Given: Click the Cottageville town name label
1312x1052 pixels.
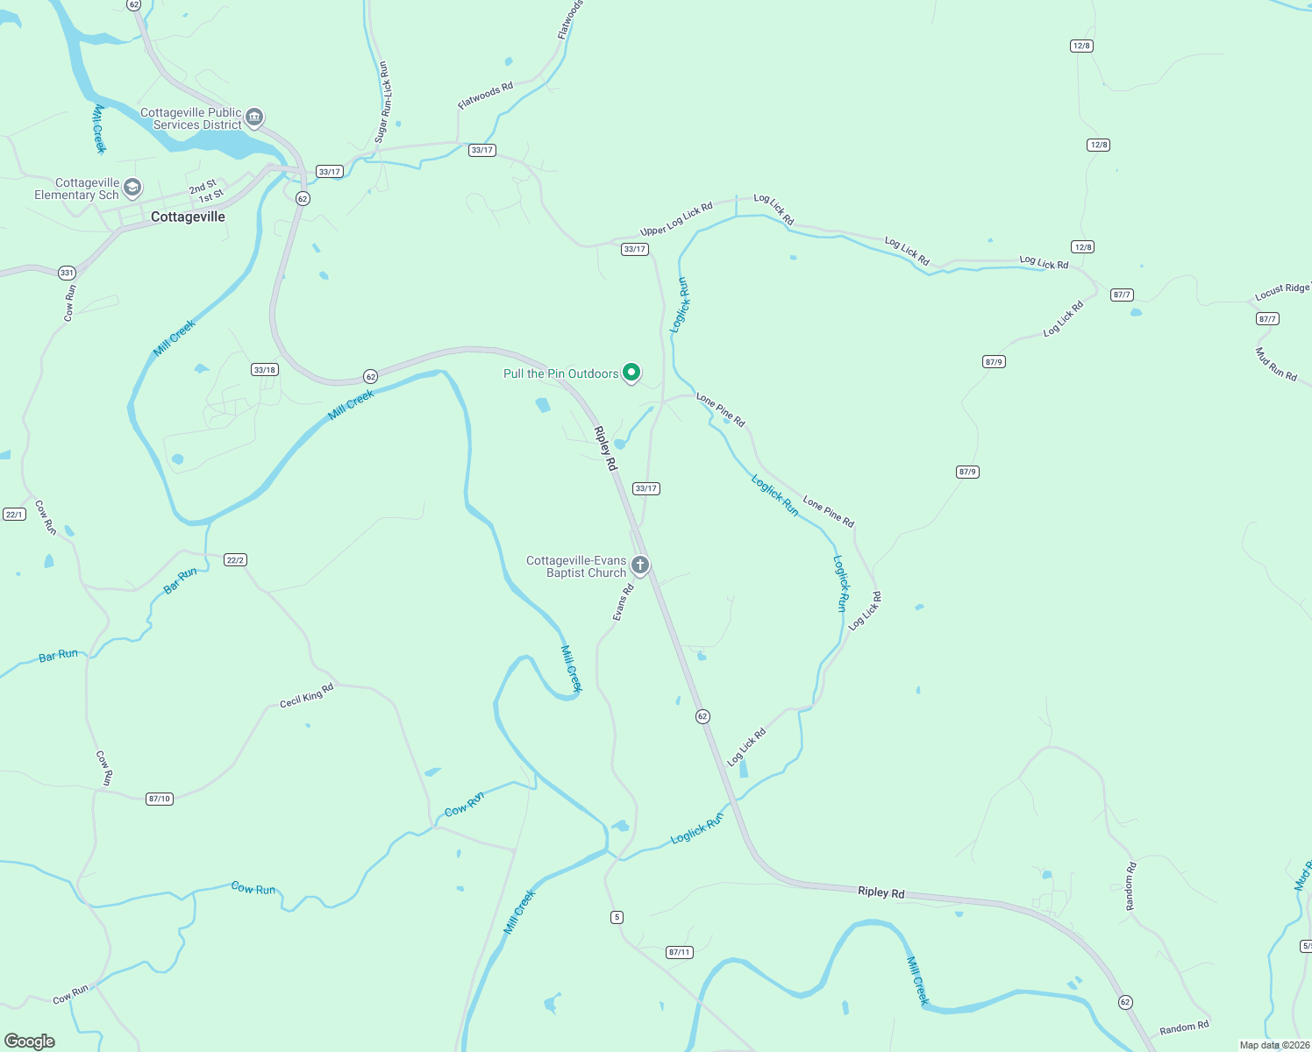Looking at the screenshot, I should click(x=188, y=217).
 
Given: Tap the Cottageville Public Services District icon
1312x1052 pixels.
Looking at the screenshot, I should click(x=254, y=117).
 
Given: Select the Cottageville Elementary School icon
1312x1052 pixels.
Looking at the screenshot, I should click(x=132, y=188).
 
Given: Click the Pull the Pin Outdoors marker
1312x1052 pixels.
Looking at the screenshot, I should click(x=631, y=373).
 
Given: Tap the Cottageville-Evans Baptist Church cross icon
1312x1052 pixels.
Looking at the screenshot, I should click(x=640, y=565).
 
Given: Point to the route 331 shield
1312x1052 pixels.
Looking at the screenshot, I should click(x=67, y=273).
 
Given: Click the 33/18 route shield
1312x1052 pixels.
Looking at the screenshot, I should click(x=264, y=370).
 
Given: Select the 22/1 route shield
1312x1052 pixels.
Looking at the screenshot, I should click(x=14, y=514).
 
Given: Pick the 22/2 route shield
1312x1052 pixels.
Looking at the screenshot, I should click(x=235, y=560).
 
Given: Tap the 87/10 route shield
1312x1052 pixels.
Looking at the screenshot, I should click(x=160, y=799).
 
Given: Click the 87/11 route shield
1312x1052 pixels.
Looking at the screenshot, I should click(x=679, y=952).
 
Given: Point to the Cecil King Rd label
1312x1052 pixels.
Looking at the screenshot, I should click(x=306, y=696).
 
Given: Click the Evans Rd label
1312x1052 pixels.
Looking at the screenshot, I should click(x=623, y=603).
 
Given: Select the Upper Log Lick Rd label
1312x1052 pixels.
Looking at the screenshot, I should click(x=676, y=219).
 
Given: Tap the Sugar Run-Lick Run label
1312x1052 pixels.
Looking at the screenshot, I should click(x=381, y=102).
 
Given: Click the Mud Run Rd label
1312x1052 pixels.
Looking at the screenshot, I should click(x=1276, y=364).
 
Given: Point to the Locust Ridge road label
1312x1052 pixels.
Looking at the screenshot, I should click(x=1282, y=292).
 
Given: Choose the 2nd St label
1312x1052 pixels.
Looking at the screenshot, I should click(x=203, y=187).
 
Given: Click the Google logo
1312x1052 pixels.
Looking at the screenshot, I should click(x=30, y=1041).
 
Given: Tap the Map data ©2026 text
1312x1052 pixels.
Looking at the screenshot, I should click(x=1273, y=1045).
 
